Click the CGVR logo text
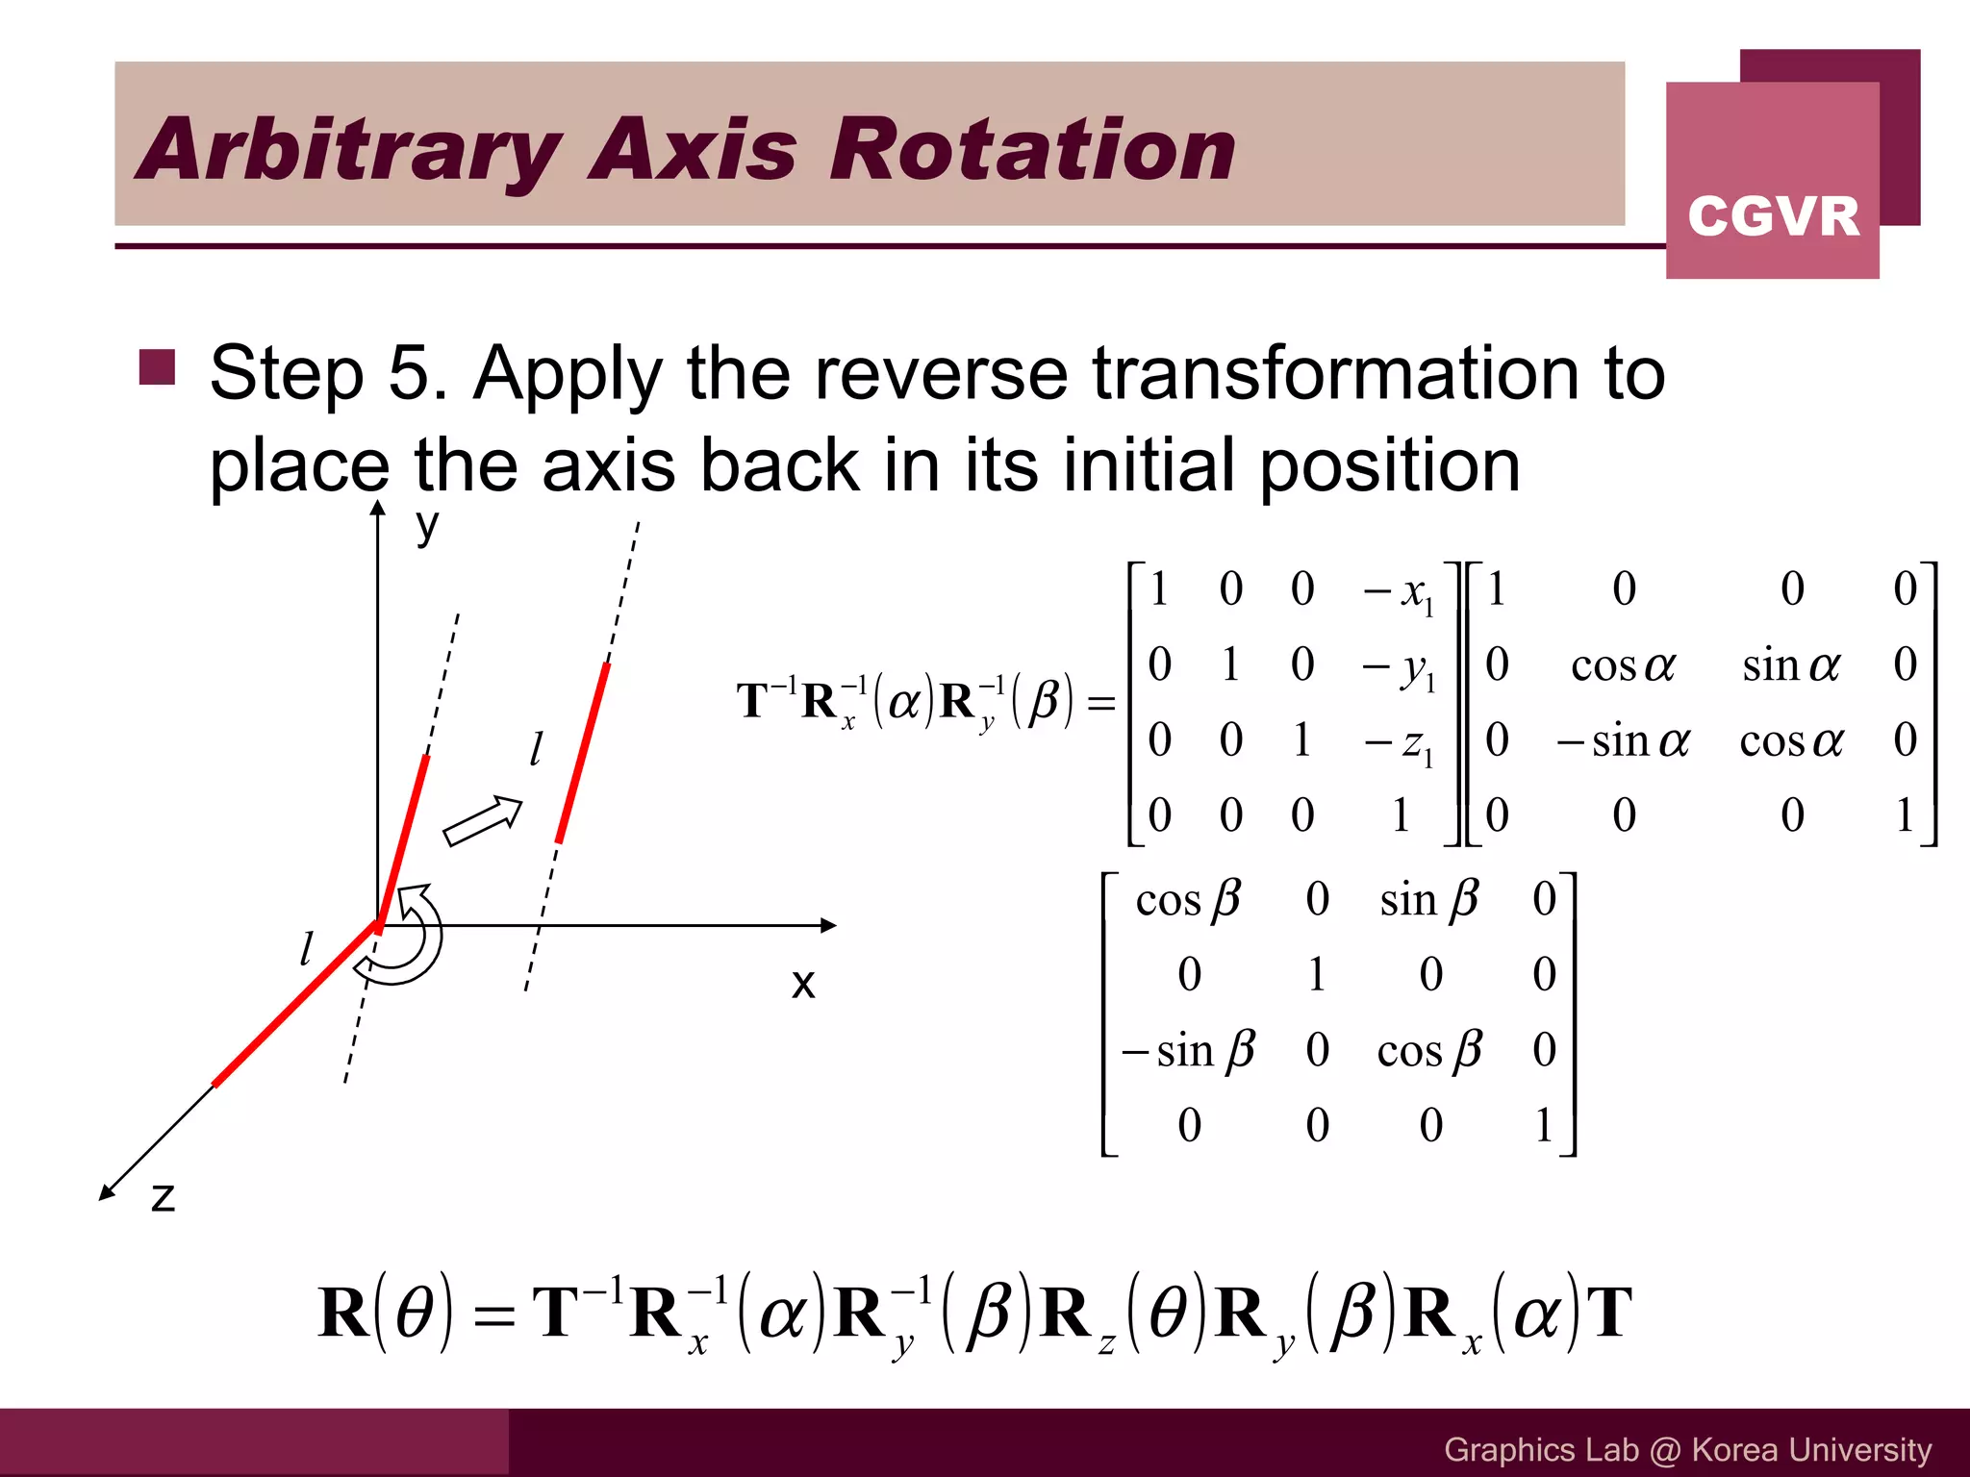tap(1773, 216)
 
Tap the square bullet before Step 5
tap(157, 367)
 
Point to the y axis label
tap(427, 527)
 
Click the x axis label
tap(803, 984)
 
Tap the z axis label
tap(164, 1197)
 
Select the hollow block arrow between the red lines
tap(482, 820)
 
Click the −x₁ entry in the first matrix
tap(1399, 590)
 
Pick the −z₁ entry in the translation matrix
tap(1399, 741)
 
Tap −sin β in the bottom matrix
tap(1189, 1049)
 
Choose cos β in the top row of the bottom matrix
tap(1189, 899)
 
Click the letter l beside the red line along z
tap(307, 949)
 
